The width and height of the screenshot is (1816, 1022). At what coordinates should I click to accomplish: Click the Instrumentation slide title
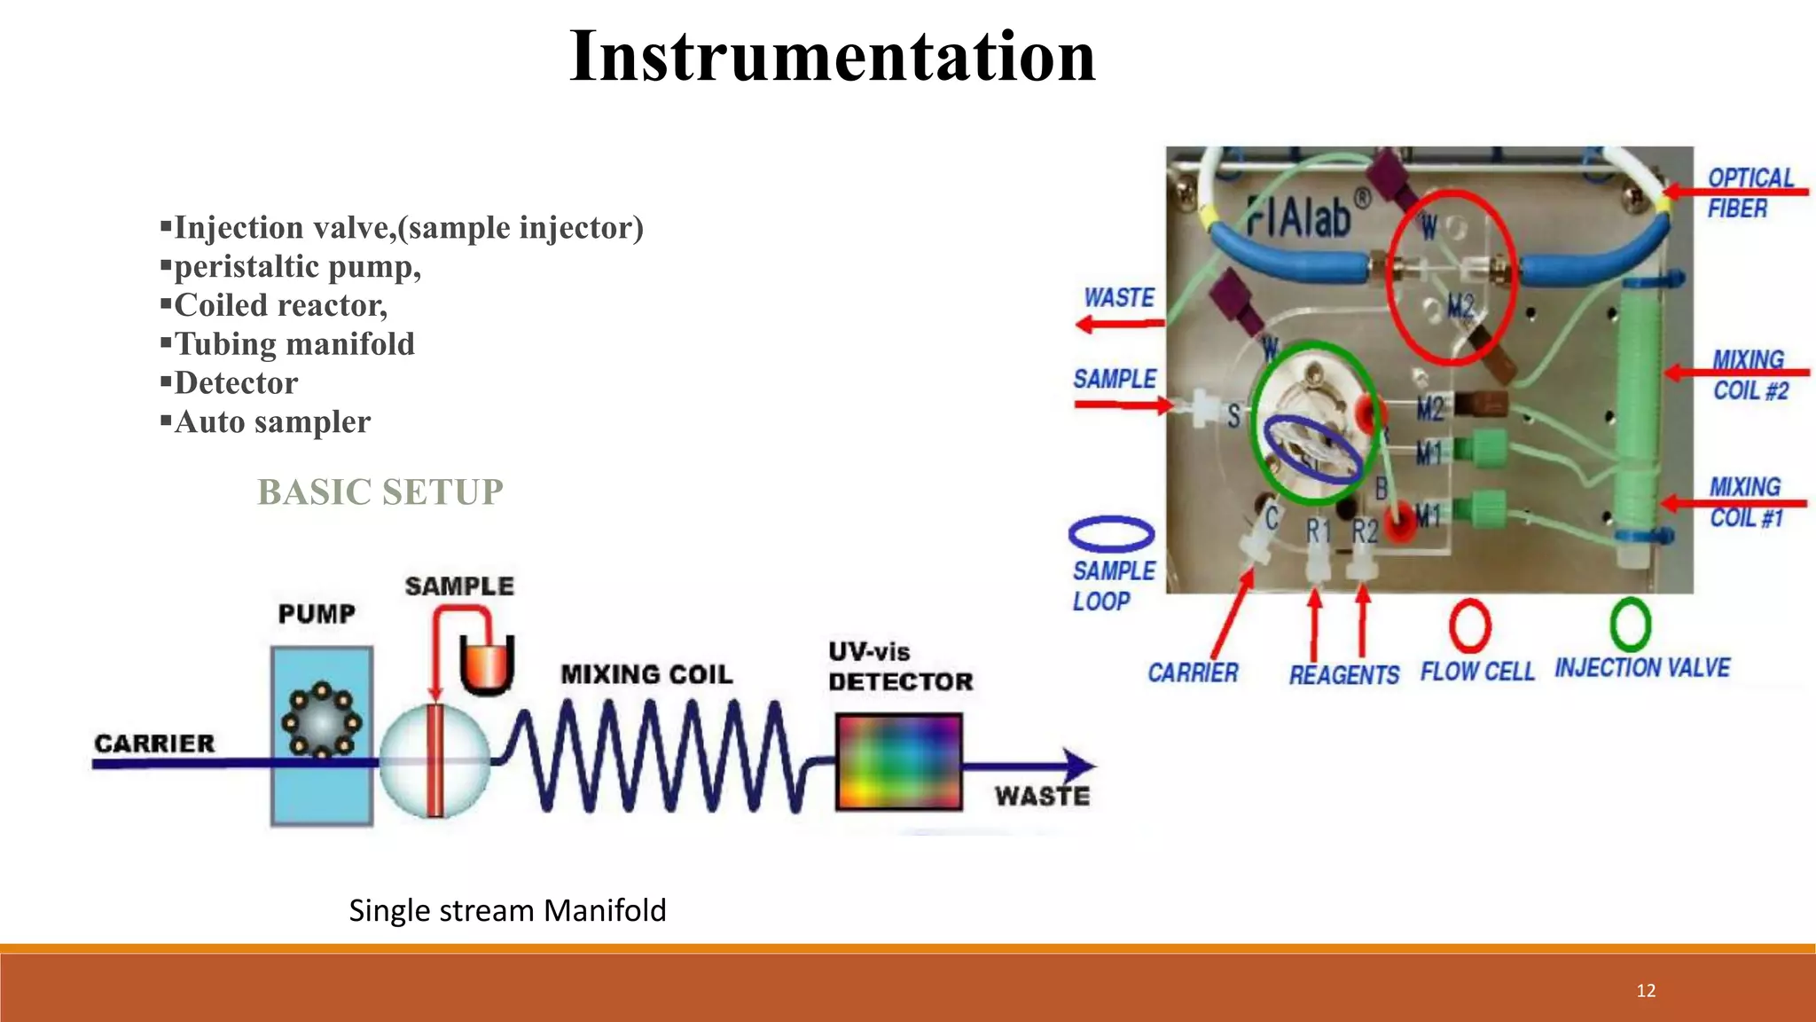coord(832,56)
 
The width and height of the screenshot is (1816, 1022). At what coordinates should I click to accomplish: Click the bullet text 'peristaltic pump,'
coord(297,266)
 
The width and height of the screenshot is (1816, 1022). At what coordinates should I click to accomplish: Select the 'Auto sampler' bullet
coord(272,421)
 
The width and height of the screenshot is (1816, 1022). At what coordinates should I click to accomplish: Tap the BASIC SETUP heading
coord(380,491)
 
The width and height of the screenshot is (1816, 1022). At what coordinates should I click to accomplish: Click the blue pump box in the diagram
coord(321,736)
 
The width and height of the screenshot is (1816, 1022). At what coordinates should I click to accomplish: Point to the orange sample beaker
coord(487,664)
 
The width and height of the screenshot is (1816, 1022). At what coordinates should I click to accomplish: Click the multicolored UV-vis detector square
coord(898,762)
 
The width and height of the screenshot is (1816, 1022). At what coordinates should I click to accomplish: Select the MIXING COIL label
coord(646,674)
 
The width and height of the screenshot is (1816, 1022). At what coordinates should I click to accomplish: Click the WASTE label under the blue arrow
coord(1042,796)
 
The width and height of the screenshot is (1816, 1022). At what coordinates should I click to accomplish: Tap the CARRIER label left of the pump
coord(154,743)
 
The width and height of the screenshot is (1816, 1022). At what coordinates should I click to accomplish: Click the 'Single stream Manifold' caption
coord(507,910)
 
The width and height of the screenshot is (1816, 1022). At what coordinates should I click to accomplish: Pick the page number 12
coord(1646,991)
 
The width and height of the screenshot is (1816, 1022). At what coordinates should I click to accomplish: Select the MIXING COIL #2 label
coord(1749,375)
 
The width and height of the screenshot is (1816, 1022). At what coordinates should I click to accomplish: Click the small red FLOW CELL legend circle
coord(1469,625)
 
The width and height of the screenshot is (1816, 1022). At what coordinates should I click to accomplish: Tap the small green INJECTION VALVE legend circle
coord(1630,624)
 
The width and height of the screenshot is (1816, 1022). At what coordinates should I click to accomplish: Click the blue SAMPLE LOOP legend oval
coord(1111,533)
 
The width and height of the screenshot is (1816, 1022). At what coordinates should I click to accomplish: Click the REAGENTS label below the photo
coord(1343,675)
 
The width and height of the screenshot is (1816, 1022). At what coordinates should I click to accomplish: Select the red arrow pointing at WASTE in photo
coord(1119,324)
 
